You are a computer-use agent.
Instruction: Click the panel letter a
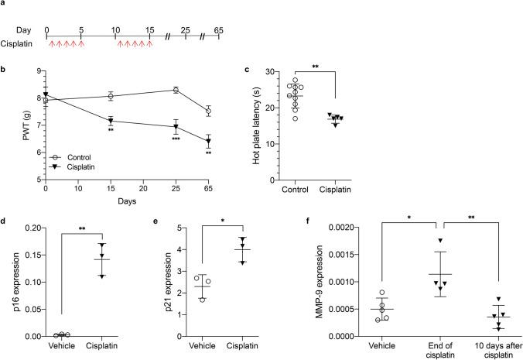[x=5, y=5]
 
